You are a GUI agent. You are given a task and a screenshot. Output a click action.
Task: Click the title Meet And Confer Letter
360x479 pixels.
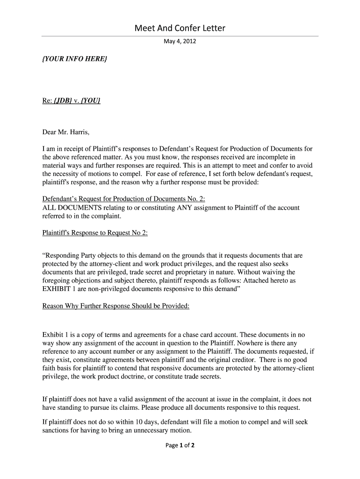[x=180, y=28]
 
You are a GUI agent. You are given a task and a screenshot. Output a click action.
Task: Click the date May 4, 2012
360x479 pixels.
[x=180, y=42]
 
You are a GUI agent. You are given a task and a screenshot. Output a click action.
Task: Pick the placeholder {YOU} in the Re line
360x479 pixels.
[x=91, y=101]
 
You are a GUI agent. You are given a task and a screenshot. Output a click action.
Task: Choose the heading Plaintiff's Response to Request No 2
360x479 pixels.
[x=95, y=233]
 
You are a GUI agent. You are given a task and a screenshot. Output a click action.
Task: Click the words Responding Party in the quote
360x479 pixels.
[x=71, y=256]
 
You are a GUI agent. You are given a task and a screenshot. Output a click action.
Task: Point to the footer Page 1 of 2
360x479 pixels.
[x=180, y=445]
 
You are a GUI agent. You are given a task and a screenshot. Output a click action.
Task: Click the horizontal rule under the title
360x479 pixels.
[x=180, y=36]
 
